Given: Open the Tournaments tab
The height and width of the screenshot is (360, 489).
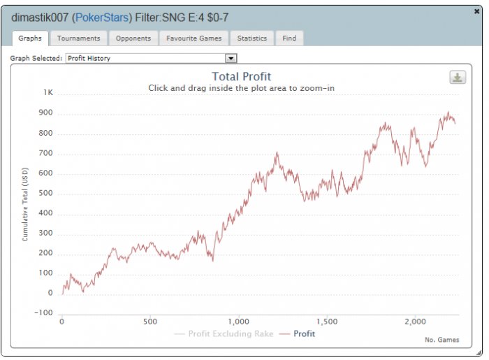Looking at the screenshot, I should point(78,38).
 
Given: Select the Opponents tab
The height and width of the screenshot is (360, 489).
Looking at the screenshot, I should point(132,38).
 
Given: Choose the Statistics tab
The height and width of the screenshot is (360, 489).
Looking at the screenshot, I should point(251,38).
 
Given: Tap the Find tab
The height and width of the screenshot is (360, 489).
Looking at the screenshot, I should point(289,38).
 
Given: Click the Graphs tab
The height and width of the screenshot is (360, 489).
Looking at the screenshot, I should point(30,38).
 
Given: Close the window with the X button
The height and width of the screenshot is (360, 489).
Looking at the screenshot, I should point(476,12).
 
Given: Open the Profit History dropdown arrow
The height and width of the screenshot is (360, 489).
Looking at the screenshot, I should point(231,59).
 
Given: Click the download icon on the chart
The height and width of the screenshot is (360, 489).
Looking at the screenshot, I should point(458,78).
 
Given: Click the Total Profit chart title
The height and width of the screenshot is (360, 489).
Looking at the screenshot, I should point(241,77).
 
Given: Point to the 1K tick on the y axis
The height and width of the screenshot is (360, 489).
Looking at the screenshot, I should point(48,92).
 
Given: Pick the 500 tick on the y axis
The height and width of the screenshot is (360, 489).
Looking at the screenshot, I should point(45,193).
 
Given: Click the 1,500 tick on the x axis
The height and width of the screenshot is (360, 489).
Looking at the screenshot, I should point(326,322).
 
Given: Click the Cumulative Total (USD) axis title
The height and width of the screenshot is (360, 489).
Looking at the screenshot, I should point(25,203).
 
